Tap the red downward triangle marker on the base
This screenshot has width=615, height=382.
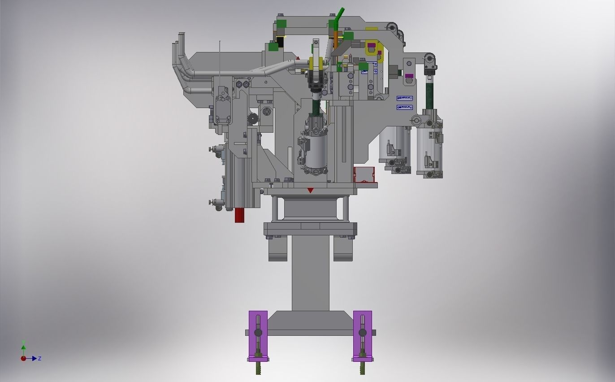click(x=310, y=191)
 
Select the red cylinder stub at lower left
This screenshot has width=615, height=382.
click(x=240, y=215)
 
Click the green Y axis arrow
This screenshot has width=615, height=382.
click(x=23, y=347)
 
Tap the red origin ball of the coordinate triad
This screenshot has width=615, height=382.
click(x=23, y=358)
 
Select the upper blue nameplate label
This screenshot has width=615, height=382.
click(x=404, y=98)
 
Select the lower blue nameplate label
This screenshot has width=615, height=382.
click(x=404, y=107)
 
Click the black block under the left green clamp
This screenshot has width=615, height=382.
click(x=281, y=42)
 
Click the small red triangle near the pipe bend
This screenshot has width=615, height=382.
click(x=298, y=58)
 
